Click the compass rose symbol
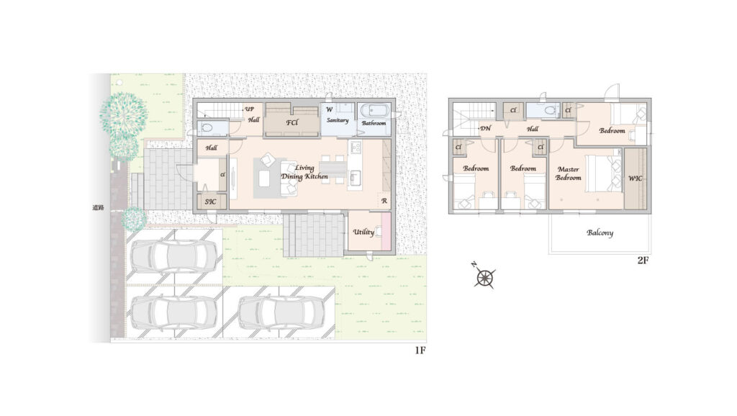pyautogui.click(x=484, y=277)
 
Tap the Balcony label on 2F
pyautogui.click(x=600, y=232)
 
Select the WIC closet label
pyautogui.click(x=635, y=178)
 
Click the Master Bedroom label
pyautogui.click(x=569, y=173)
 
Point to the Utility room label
pyautogui.click(x=363, y=232)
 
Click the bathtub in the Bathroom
pyautogui.click(x=374, y=112)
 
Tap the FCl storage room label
pyautogui.click(x=292, y=122)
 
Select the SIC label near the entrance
pyautogui.click(x=210, y=202)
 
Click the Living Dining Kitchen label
pyautogui.click(x=304, y=172)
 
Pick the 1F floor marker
pyautogui.click(x=420, y=351)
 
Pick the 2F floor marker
pyautogui.click(x=643, y=260)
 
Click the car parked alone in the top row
pyautogui.click(x=174, y=257)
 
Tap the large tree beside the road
pyautogui.click(x=123, y=114)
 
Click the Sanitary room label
pyautogui.click(x=338, y=120)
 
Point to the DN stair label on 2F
pyautogui.click(x=486, y=128)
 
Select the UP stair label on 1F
pyautogui.click(x=249, y=109)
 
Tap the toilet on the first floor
pyautogui.click(x=205, y=128)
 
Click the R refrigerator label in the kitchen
pyautogui.click(x=384, y=201)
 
